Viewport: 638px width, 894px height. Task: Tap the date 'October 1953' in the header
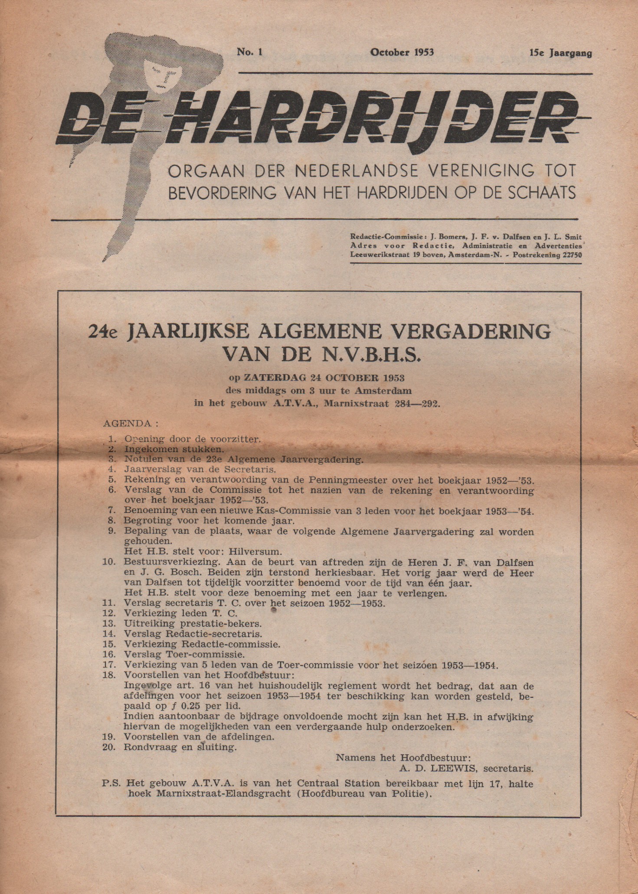point(402,53)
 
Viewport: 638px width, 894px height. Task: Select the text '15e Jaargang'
point(560,53)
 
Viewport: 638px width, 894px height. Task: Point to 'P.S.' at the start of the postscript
point(111,784)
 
